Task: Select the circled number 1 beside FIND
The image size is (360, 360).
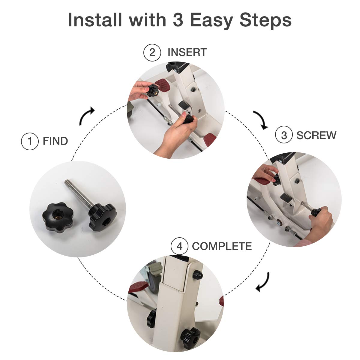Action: click(x=30, y=141)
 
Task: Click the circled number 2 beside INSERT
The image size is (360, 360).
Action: click(x=152, y=52)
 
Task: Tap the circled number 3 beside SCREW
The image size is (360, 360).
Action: click(x=284, y=135)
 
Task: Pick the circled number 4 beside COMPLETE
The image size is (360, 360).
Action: click(x=179, y=247)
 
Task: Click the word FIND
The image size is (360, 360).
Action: click(x=55, y=141)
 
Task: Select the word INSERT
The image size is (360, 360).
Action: click(x=187, y=52)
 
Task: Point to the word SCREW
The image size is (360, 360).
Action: click(x=316, y=135)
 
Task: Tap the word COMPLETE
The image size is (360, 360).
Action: click(x=222, y=247)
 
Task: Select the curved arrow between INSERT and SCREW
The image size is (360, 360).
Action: click(x=260, y=119)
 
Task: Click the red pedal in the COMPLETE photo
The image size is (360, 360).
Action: click(x=139, y=288)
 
